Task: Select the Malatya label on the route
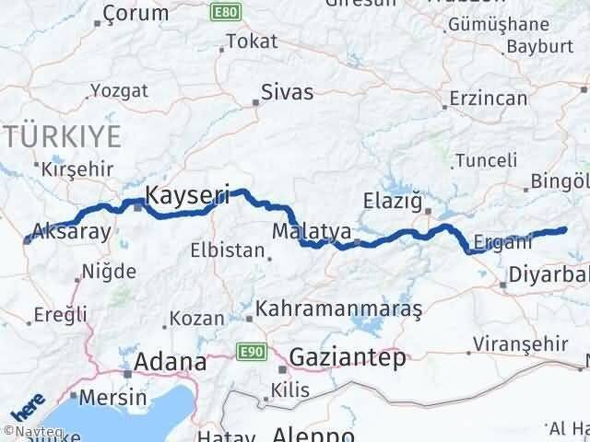click(x=299, y=230)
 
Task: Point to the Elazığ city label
click(x=394, y=198)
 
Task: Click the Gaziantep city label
click(x=348, y=358)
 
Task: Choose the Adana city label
click(x=171, y=362)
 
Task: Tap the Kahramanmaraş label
click(x=339, y=309)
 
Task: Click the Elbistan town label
click(x=219, y=249)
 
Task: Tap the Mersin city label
click(x=113, y=398)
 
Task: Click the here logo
click(x=28, y=402)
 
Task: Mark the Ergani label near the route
click(x=502, y=243)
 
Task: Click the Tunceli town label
click(x=493, y=160)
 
